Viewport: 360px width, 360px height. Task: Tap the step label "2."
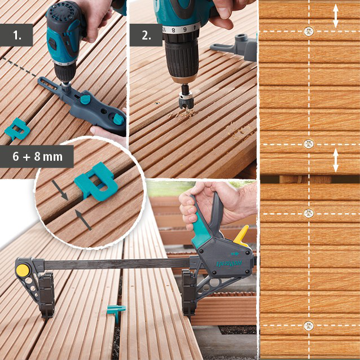click(x=146, y=35)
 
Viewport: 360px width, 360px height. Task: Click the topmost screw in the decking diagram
click(x=308, y=32)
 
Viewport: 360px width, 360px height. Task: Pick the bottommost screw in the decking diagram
click(x=308, y=326)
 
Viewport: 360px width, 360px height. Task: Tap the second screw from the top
click(x=308, y=144)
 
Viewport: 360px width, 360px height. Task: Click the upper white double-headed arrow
click(x=336, y=16)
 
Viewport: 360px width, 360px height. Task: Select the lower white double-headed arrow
click(x=336, y=160)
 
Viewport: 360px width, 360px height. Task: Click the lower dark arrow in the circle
click(x=84, y=219)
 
